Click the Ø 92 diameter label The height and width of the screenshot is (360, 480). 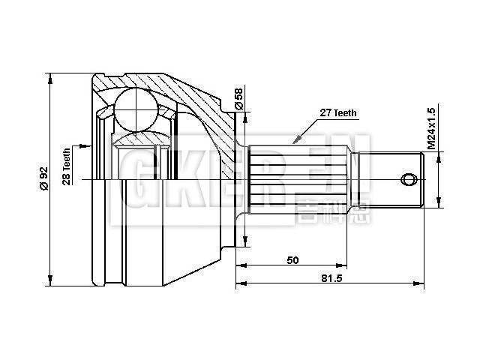pos(43,178)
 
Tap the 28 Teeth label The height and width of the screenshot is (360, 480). pos(67,166)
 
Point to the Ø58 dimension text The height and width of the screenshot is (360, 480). pos(239,98)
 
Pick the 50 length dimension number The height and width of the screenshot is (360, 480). pos(292,260)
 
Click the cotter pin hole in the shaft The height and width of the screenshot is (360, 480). pos(409,180)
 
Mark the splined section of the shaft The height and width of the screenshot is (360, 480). pos(296,178)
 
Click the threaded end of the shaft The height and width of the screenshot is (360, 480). pos(394,180)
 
